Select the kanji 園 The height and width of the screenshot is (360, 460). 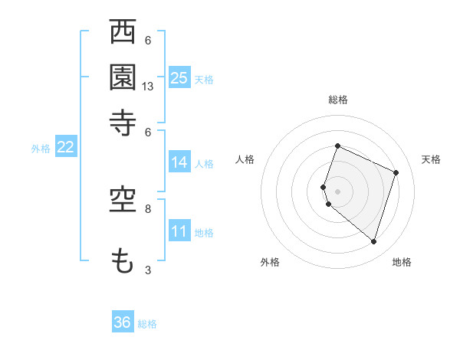click(123, 77)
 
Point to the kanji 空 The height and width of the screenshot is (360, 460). click(123, 201)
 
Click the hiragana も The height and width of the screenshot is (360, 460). click(123, 261)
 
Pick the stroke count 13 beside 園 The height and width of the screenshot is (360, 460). click(148, 87)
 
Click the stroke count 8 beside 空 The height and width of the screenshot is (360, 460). click(148, 208)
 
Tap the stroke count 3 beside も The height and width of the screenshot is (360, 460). click(148, 270)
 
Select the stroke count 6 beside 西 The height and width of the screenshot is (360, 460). click(148, 41)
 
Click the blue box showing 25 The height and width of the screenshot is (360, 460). click(179, 77)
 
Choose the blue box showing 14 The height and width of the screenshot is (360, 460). click(179, 162)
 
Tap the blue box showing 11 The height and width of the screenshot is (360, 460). click(179, 231)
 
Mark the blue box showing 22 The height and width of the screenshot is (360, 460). click(65, 148)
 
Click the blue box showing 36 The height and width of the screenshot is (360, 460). click(123, 322)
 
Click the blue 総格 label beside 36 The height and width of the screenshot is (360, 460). click(147, 324)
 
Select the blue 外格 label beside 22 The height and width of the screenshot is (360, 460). click(40, 149)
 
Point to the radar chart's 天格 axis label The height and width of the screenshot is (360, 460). click(431, 159)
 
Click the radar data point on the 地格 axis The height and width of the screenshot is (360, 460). click(373, 241)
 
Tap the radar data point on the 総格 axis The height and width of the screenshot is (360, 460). click(337, 146)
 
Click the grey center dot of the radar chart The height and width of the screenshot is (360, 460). click(337, 191)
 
